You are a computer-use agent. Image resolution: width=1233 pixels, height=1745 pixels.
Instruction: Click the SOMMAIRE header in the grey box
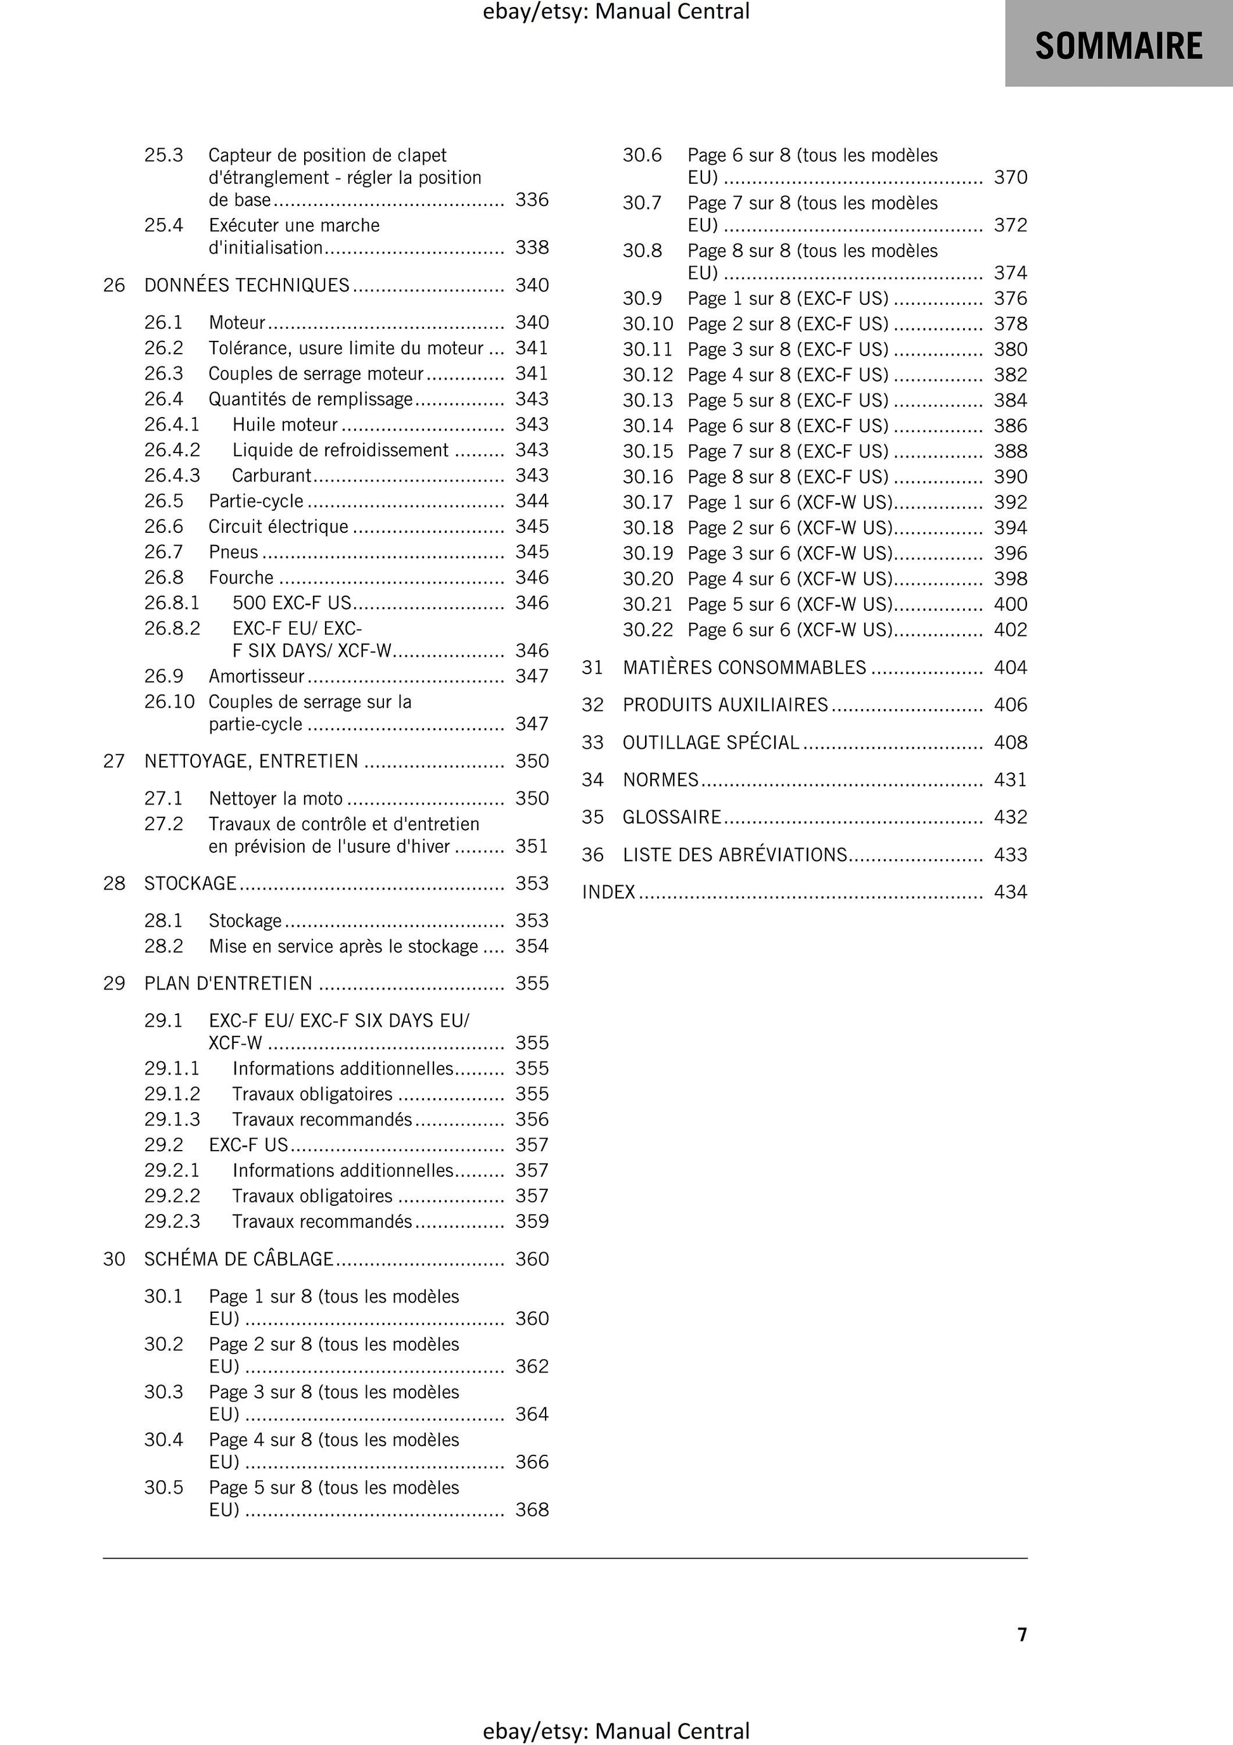(1118, 46)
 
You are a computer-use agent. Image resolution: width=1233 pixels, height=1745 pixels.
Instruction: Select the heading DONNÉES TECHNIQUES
(246, 285)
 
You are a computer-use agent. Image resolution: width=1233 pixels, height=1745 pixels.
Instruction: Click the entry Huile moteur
(285, 424)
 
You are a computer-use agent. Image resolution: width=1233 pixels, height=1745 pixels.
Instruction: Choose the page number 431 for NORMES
(1010, 780)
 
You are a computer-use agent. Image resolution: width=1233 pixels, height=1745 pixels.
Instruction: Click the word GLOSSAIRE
(671, 817)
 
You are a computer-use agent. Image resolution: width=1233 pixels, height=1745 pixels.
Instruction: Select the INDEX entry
(608, 892)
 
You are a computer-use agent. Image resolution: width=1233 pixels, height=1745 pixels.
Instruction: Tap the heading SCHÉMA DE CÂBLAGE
(239, 1260)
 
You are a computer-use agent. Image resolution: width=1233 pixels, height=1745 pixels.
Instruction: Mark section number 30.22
(648, 630)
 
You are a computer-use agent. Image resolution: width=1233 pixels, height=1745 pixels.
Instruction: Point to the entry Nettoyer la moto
(275, 799)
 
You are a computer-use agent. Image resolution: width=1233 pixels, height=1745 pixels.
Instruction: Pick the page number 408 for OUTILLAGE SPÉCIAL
(1010, 743)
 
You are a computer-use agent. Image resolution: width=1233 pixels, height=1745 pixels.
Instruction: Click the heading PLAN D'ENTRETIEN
(228, 983)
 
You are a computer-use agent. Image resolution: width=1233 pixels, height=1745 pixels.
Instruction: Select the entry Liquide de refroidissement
(340, 450)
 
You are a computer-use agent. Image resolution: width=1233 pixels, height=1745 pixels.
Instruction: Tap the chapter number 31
(592, 667)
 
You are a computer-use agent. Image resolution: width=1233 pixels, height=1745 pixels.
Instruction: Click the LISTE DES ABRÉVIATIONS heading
(734, 855)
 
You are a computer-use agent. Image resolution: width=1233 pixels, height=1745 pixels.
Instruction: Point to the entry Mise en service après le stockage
(343, 946)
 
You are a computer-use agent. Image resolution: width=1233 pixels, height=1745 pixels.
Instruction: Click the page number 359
(532, 1222)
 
